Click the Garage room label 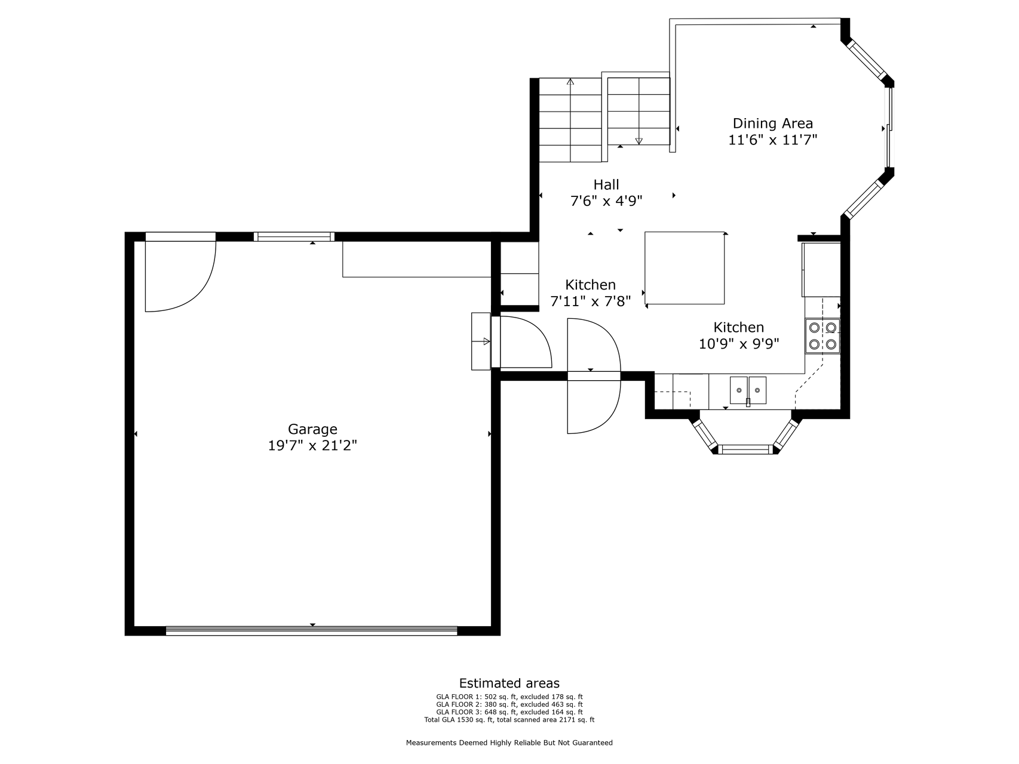[312, 429]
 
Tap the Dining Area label [773, 124]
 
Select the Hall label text [606, 184]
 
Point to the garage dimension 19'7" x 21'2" [312, 445]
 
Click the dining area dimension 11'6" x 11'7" [773, 140]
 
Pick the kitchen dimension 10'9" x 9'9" [739, 344]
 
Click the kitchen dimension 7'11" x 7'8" [591, 301]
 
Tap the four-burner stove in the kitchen [822, 335]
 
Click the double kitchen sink [748, 390]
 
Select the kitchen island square [685, 268]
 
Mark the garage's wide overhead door [311, 630]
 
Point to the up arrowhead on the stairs [570, 82]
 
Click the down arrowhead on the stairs [639, 141]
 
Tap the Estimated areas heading [510, 683]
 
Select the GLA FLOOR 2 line [510, 704]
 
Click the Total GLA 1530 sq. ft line [510, 720]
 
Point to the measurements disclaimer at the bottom [510, 743]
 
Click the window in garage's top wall [294, 236]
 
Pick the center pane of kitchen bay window [746, 449]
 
